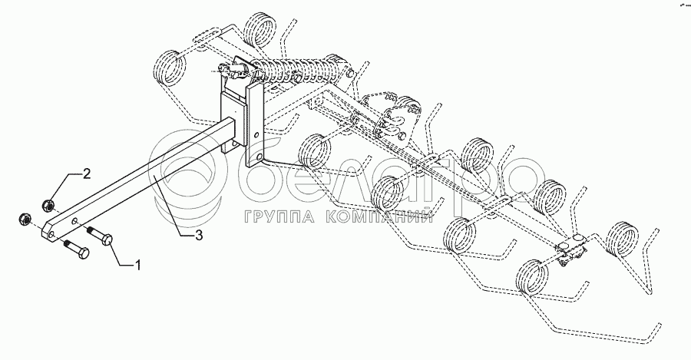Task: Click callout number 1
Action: [x=138, y=266]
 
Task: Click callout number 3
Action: [x=198, y=236]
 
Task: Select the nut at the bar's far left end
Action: [x=23, y=218]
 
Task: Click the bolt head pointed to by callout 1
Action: [x=106, y=237]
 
